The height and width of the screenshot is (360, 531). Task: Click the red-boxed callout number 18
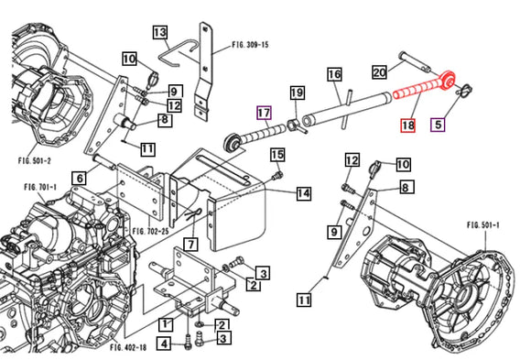pos(407,125)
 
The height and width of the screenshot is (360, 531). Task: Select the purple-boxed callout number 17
pos(265,113)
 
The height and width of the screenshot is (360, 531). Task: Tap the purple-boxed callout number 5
pos(438,125)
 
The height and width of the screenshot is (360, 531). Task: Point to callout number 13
pos(160,33)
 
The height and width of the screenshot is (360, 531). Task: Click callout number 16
pos(334,74)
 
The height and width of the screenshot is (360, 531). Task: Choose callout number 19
pos(297,93)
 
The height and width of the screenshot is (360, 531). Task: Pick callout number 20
pos(379,71)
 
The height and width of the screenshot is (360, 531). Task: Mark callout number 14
pos(303,193)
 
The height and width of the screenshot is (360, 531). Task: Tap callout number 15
pos(277,155)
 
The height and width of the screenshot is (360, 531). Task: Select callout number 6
pos(80,178)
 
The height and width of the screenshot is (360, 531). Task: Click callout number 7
pos(191,244)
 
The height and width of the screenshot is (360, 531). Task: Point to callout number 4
pos(164,344)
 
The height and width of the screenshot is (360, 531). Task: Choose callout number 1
pos(166,324)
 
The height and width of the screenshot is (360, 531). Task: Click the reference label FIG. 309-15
pos(250,45)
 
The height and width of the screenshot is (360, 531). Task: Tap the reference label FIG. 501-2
pos(35,160)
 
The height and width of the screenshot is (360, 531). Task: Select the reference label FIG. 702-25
pos(150,232)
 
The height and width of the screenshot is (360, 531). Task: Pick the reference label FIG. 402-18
pos(128,347)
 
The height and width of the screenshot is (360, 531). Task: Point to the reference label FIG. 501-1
pos(482,224)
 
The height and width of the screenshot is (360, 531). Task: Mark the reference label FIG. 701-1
pos(40,187)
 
